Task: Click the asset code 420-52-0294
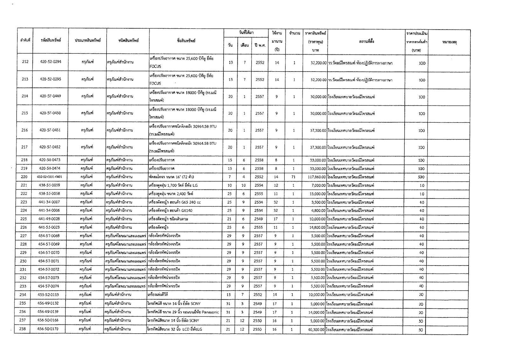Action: point(51,62)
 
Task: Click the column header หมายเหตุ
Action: point(450,42)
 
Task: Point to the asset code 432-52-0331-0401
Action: point(49,177)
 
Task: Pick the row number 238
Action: point(23,329)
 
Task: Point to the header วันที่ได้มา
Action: point(246,33)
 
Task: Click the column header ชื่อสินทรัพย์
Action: point(186,41)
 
